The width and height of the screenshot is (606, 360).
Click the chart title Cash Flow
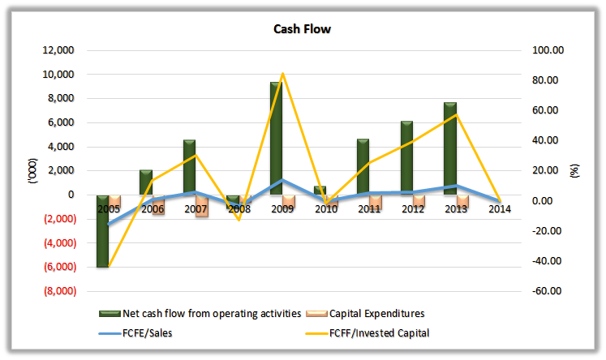pos(302,30)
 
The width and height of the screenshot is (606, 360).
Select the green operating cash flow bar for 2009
pos(276,138)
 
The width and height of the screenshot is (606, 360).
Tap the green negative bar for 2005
pos(102,231)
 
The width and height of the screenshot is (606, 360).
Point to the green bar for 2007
pos(189,167)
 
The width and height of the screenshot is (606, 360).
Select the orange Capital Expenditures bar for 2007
pos(202,206)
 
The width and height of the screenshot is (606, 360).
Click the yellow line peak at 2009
pos(282,74)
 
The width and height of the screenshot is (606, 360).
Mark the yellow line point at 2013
pos(456,114)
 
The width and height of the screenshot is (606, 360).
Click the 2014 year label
pos(499,209)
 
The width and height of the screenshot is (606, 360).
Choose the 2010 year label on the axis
pos(325,209)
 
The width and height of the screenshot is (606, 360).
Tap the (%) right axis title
pos(577,170)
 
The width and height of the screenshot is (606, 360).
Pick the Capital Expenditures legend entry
pos(377,313)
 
